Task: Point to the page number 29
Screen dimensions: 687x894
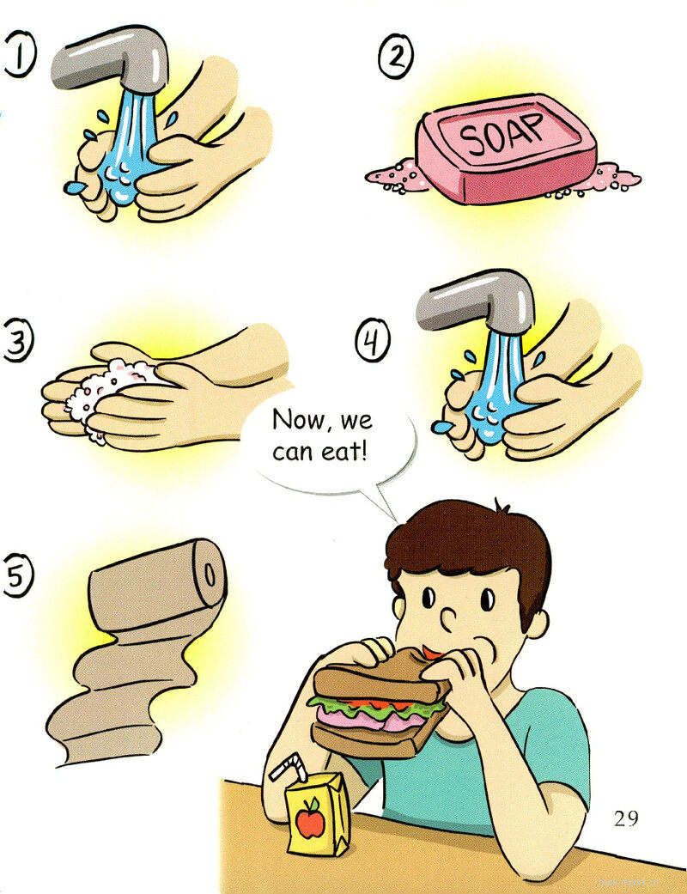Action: tap(626, 818)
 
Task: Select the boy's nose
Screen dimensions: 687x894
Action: tap(450, 618)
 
